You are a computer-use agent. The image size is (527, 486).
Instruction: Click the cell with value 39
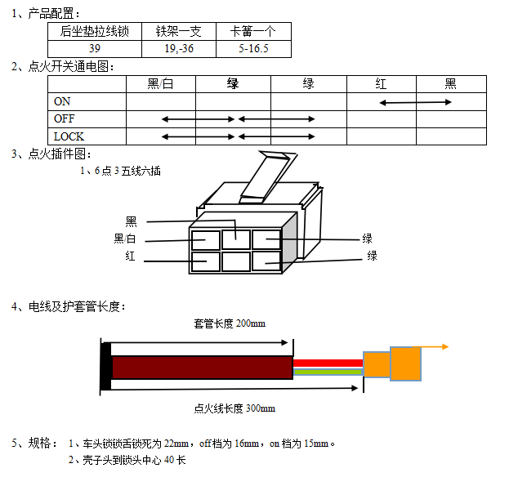coord(95,49)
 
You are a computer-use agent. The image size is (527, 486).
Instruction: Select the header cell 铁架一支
coord(179,32)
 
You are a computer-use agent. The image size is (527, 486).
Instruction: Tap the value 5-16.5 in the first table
coord(253,49)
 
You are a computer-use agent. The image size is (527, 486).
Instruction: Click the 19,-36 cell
coord(179,49)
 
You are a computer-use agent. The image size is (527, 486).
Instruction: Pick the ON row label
coord(62,102)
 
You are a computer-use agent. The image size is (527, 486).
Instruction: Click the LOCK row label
coord(69,136)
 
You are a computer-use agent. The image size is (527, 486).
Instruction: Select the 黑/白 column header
coord(160,84)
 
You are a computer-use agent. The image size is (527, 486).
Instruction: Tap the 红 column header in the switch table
coord(381,84)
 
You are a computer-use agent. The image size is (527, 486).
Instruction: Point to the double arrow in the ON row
coord(416,102)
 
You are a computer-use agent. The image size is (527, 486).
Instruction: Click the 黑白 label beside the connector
coord(125,239)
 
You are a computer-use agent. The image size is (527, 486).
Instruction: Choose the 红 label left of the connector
coord(130,256)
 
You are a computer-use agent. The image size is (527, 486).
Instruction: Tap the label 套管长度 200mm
coord(230,323)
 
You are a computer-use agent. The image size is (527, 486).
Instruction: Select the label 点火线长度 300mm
coord(234,408)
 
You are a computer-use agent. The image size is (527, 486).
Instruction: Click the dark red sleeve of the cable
coord(202,368)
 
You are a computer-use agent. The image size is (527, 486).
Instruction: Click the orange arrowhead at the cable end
coord(445,347)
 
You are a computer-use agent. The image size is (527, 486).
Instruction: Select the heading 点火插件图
coord(58,154)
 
